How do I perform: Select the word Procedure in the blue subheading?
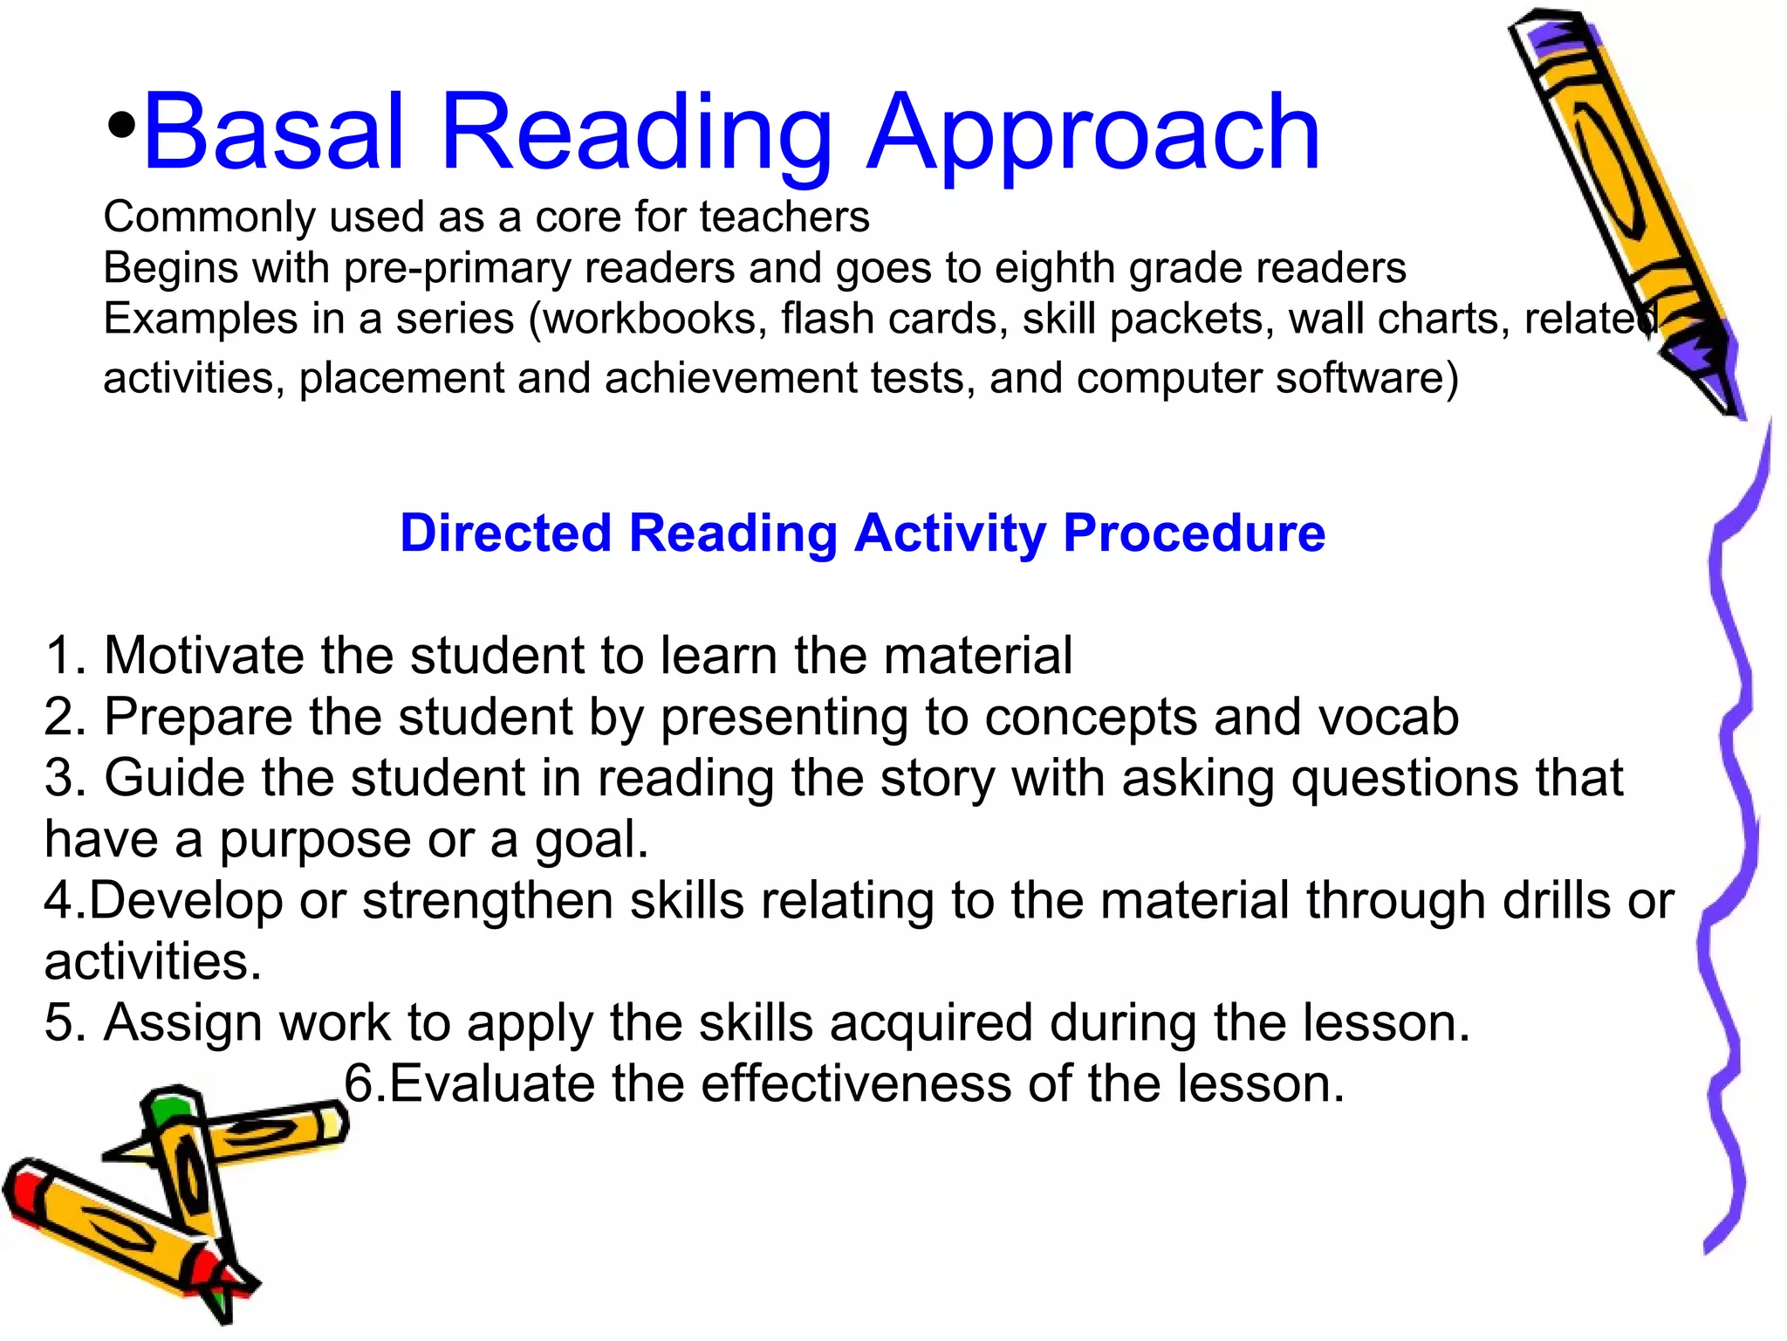pyautogui.click(x=1194, y=533)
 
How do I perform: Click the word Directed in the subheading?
pyautogui.click(x=505, y=533)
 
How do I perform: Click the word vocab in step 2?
pyautogui.click(x=1387, y=718)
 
